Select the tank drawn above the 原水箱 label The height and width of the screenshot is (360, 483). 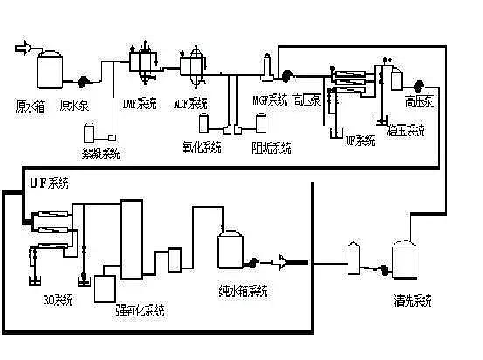[49, 67]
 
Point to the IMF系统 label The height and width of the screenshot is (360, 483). [139, 105]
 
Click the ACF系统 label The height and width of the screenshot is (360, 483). [190, 105]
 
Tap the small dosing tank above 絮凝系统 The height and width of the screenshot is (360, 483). [89, 134]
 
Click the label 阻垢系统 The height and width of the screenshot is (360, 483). [271, 146]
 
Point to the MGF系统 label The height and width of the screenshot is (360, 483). [270, 100]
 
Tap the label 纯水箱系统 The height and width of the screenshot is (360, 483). [243, 290]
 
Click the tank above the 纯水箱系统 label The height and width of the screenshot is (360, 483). [231, 249]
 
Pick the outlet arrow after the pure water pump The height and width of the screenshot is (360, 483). [285, 260]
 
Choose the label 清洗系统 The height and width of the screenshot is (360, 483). [412, 301]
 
